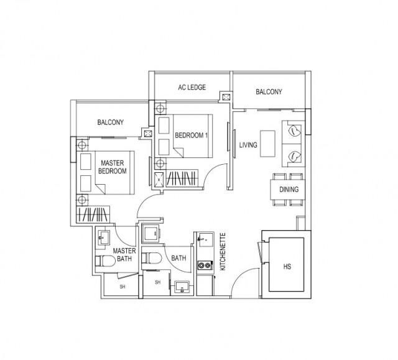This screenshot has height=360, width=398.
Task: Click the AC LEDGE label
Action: (x=193, y=88)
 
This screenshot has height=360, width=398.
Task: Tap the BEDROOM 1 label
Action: (x=192, y=135)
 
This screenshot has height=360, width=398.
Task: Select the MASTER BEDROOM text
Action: (x=114, y=167)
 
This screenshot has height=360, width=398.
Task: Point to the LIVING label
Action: (x=249, y=145)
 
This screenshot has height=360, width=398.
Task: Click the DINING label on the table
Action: (x=289, y=190)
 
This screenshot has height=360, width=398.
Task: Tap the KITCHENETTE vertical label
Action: (x=222, y=252)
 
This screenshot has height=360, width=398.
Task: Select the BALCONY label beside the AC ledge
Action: (x=269, y=92)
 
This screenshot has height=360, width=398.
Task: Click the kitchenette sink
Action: (x=203, y=240)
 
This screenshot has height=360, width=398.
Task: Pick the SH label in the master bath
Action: (x=123, y=287)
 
